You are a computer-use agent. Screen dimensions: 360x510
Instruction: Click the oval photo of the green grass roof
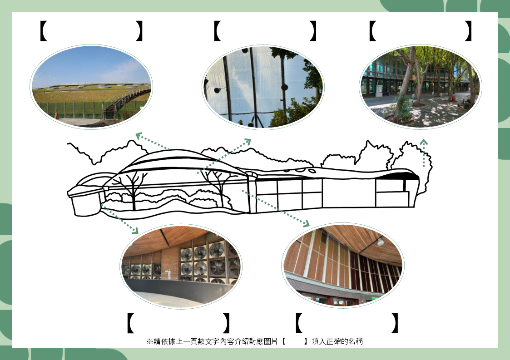[x=91, y=86]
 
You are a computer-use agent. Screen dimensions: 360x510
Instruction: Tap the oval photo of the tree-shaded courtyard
[x=421, y=86]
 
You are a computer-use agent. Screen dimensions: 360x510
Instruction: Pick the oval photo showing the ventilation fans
[x=181, y=266]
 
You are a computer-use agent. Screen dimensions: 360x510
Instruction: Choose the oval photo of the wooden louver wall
[x=342, y=265]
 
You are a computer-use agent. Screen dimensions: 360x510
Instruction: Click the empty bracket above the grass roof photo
[x=91, y=31]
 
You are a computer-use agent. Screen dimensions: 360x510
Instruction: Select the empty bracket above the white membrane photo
[x=264, y=31]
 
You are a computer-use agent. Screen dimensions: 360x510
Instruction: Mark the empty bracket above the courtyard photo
[x=420, y=31]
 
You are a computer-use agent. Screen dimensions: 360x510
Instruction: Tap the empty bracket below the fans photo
[x=178, y=323]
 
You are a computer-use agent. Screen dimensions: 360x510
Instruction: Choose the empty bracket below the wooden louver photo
[x=347, y=323]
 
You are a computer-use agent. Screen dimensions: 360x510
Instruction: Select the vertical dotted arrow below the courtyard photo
[x=423, y=153]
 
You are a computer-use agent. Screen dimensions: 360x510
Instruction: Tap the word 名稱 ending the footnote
[x=356, y=341]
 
